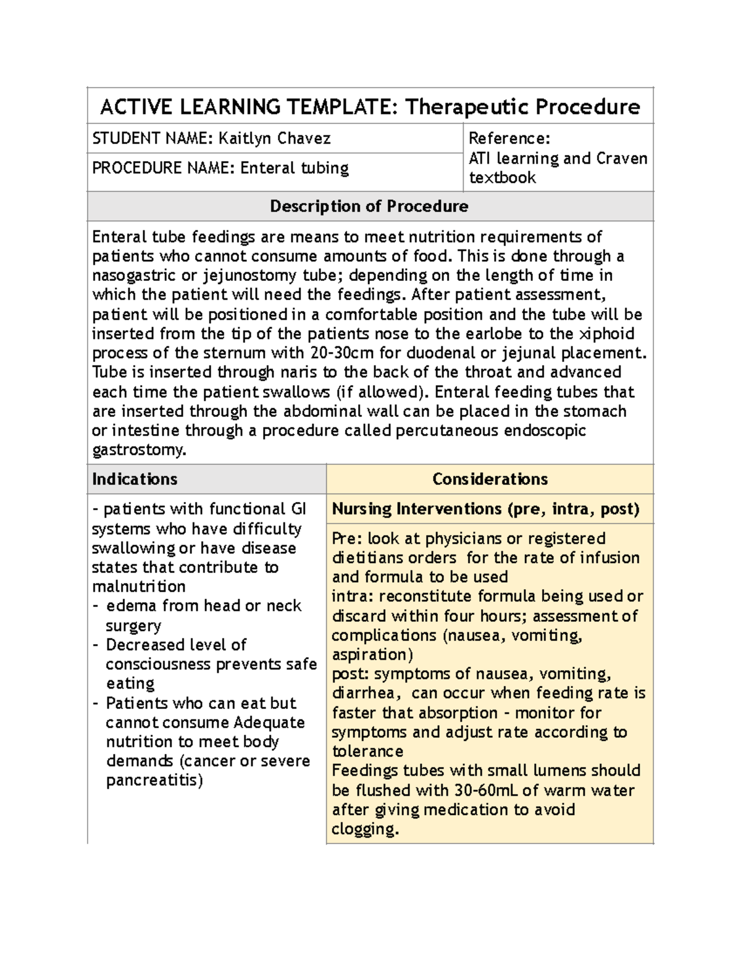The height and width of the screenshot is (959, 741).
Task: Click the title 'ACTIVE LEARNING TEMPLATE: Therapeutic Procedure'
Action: [x=370, y=107]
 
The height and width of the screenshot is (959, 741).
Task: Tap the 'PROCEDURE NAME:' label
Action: [x=164, y=168]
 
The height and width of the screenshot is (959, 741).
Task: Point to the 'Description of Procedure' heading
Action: [x=369, y=206]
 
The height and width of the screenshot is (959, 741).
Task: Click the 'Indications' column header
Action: [x=135, y=479]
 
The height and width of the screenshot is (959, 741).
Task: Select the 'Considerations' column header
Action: [x=490, y=479]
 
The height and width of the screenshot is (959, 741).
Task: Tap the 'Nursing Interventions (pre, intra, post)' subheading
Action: [x=485, y=509]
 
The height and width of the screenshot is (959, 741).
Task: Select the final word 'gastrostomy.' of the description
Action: [x=138, y=450]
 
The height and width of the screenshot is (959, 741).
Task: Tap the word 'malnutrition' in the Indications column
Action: [x=138, y=587]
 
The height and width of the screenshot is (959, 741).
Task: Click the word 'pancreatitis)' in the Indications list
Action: [x=154, y=781]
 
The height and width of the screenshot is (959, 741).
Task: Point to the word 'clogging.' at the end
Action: [x=365, y=829]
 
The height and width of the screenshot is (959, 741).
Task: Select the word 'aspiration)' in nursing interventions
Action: [x=372, y=655]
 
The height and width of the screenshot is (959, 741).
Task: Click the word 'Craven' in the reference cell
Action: [x=621, y=159]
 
